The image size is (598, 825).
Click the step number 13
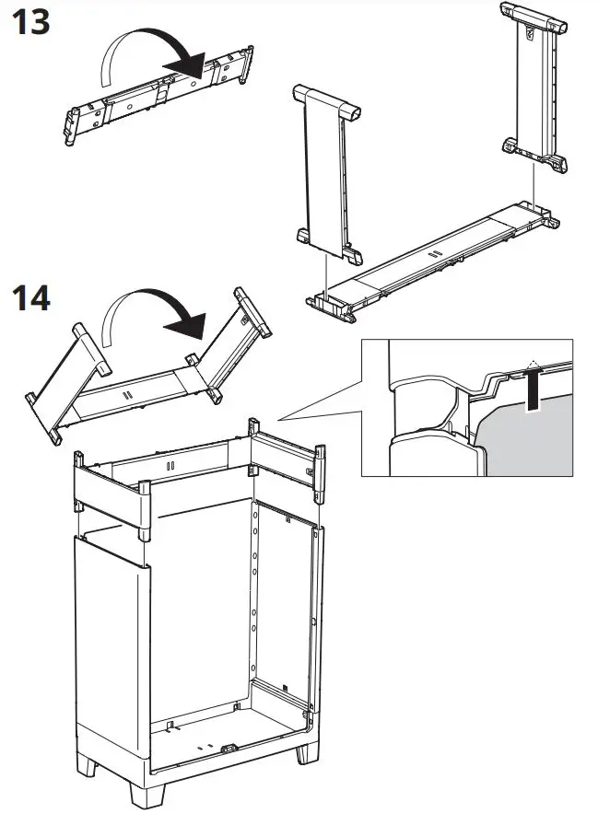click(x=31, y=21)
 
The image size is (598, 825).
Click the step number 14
click(x=31, y=297)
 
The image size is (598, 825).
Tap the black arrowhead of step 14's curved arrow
click(x=188, y=322)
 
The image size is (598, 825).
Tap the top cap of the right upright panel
click(x=531, y=16)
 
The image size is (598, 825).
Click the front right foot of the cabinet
click(x=308, y=750)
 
